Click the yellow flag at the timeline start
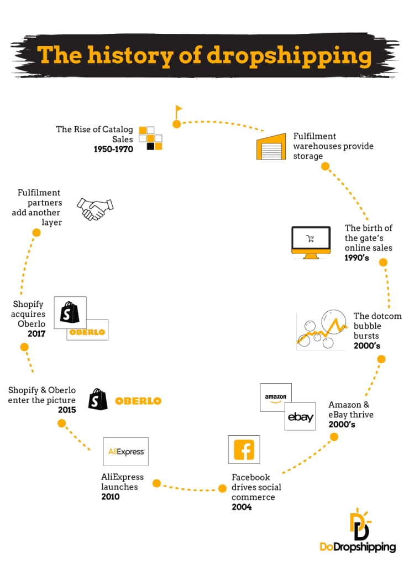click(x=179, y=111)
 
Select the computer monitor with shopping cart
click(x=311, y=243)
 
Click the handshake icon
click(x=95, y=209)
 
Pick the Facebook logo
click(x=244, y=450)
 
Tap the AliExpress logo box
click(x=125, y=452)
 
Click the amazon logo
click(x=276, y=398)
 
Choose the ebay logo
click(x=300, y=416)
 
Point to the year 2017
click(x=36, y=333)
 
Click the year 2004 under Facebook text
click(x=242, y=507)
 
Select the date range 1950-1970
click(x=113, y=149)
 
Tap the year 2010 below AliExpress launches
click(x=110, y=497)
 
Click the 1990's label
click(x=356, y=257)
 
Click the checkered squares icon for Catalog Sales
click(x=150, y=138)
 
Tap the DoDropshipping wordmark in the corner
click(x=358, y=547)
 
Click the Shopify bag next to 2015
click(x=98, y=399)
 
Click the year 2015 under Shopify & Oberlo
click(x=67, y=410)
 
